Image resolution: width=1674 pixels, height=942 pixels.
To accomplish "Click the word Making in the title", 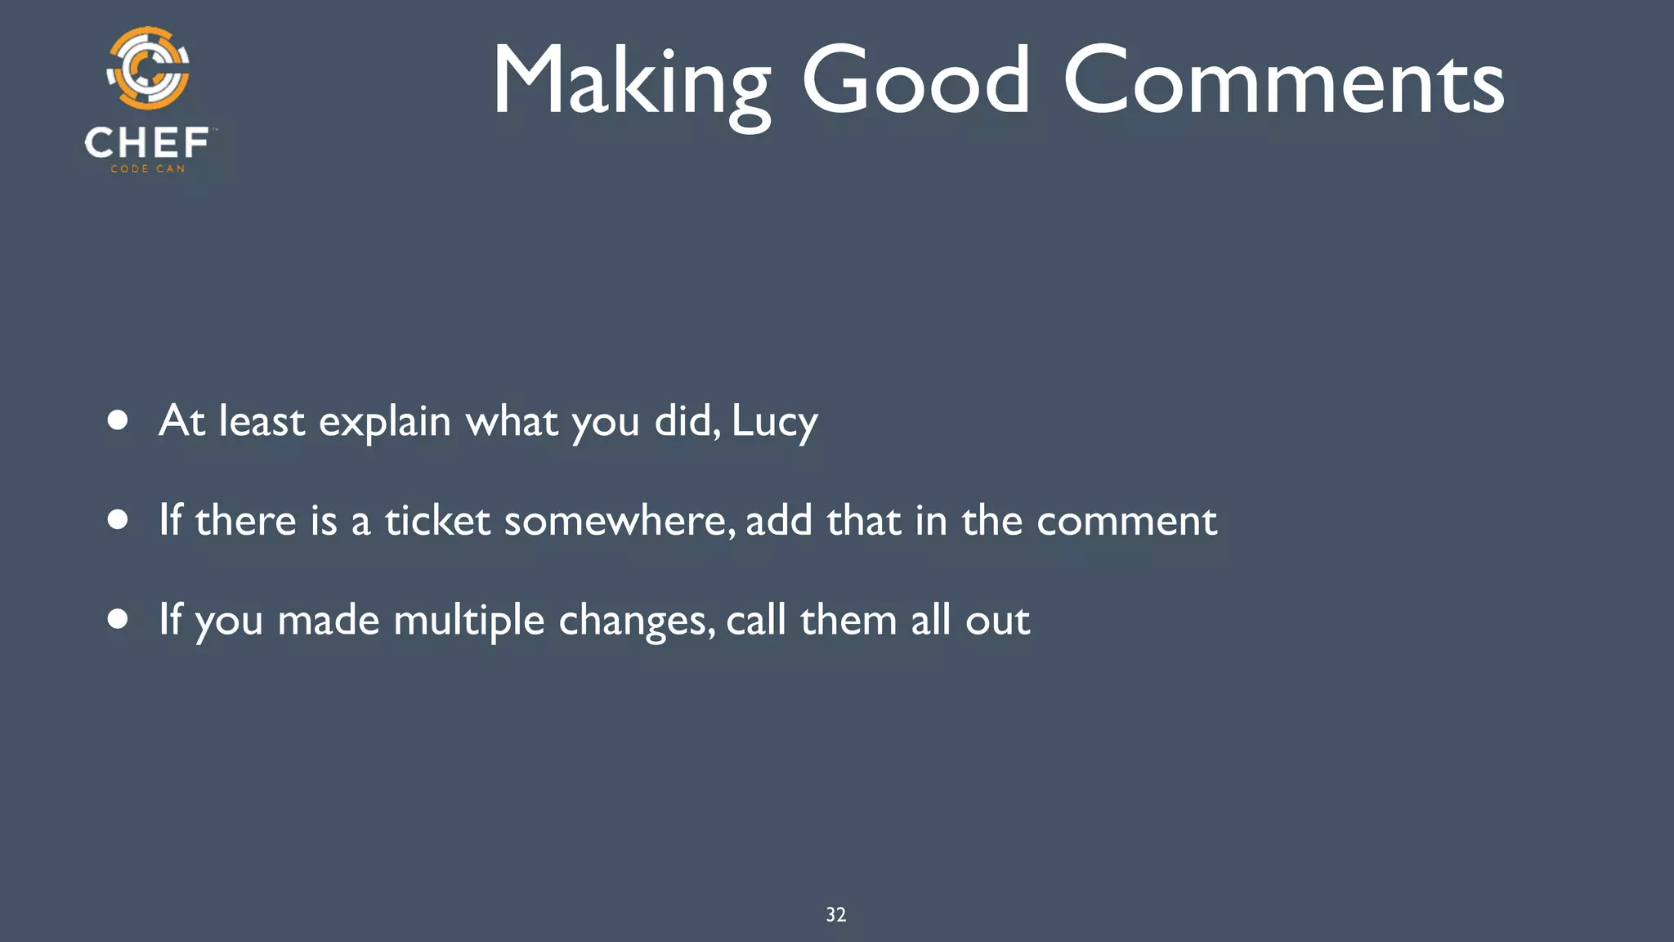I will click(x=630, y=82).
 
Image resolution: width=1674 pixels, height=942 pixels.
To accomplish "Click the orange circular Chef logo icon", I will click(x=149, y=69).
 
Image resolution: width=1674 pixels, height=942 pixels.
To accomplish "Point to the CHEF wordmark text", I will click(x=147, y=143).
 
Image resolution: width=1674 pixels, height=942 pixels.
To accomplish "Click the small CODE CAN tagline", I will click(x=148, y=169).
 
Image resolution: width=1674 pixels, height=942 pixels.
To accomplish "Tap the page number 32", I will click(x=835, y=914).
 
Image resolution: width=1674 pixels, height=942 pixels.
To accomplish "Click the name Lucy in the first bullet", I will click(x=774, y=422).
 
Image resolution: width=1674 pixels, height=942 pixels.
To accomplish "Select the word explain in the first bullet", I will click(x=384, y=422).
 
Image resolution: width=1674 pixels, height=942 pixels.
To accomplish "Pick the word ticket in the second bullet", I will click(x=437, y=521).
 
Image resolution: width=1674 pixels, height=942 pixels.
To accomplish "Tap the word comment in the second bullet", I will click(x=1126, y=521).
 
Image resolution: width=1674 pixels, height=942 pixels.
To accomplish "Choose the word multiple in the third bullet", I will click(x=468, y=621).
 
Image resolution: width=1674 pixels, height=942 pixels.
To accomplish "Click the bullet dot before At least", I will click(x=119, y=420).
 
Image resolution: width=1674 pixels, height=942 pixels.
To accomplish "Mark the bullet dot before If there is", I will click(x=119, y=520).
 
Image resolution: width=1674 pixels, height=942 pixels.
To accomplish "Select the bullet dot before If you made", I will click(x=119, y=620).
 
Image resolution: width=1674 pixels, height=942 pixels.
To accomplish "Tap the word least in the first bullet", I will click(x=262, y=422).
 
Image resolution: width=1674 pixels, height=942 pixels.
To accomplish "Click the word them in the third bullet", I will click(x=848, y=621).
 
